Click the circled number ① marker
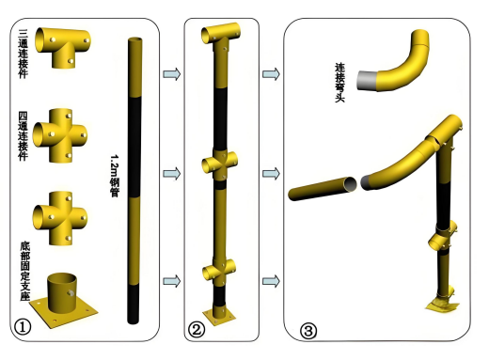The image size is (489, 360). click(x=23, y=327)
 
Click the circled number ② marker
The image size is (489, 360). click(x=197, y=330)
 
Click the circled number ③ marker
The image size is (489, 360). click(x=308, y=331)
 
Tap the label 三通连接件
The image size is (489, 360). click(x=24, y=54)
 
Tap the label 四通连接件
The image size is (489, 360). click(x=24, y=136)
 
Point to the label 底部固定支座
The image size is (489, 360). click(x=25, y=271)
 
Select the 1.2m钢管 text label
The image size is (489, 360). click(x=115, y=176)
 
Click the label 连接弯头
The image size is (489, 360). click(x=339, y=83)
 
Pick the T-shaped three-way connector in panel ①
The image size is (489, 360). click(x=63, y=47)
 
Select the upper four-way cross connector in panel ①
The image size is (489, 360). click(x=60, y=135)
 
